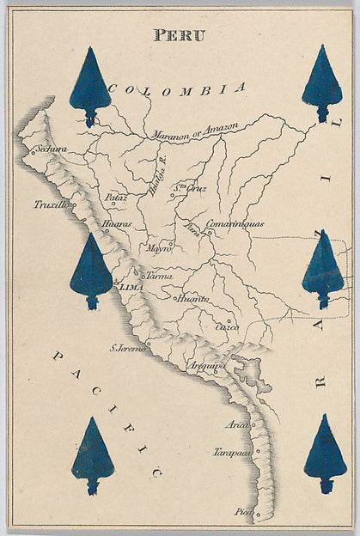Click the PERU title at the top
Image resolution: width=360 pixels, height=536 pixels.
180,34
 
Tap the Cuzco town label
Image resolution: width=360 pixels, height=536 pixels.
226,327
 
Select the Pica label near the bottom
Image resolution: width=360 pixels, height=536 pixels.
244,512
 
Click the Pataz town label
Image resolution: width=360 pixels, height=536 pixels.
117,198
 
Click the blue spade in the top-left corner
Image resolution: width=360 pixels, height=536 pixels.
89,86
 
